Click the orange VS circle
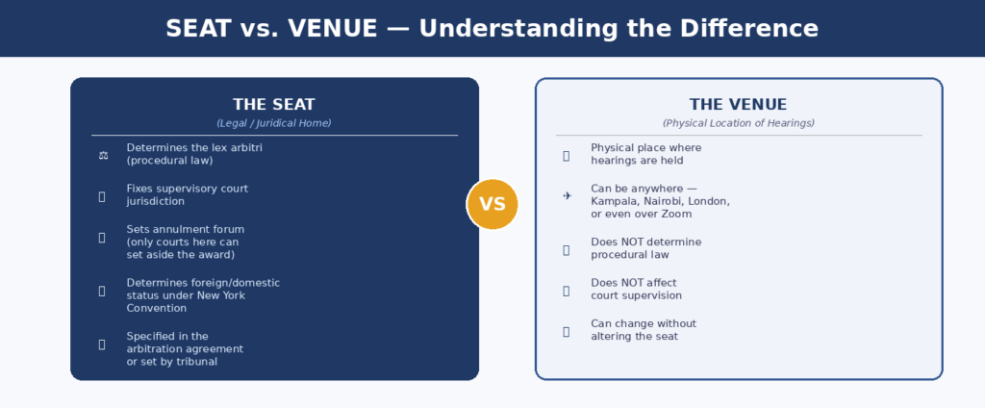pos(492,204)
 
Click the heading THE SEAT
pos(274,104)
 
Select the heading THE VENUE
pos(738,104)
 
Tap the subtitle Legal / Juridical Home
pos(274,123)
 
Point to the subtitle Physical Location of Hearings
pos(738,123)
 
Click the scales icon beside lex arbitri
pos(103,155)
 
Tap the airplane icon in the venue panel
pos(568,196)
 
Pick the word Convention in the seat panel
pos(157,308)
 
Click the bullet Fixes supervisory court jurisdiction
pos(188,195)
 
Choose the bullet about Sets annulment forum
pos(186,242)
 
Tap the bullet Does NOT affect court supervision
pos(637,290)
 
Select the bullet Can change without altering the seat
pos(644,330)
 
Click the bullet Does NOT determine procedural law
pos(646,248)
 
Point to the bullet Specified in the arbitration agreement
pos(185,349)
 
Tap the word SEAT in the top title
pos(198,29)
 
